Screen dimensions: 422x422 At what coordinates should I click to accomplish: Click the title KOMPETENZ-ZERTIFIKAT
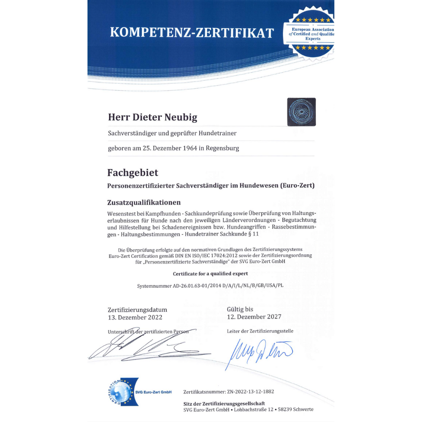[x=192, y=32]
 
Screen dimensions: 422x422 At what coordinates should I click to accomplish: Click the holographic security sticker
[x=301, y=112]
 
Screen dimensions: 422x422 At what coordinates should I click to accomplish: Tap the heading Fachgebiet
[x=133, y=173]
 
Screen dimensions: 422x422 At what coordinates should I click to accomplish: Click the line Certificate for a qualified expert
[x=211, y=273]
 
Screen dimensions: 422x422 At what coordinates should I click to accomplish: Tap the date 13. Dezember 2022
[x=135, y=317]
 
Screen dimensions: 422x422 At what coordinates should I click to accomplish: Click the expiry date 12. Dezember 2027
[x=254, y=316]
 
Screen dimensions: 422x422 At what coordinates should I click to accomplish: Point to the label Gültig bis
[x=240, y=309]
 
